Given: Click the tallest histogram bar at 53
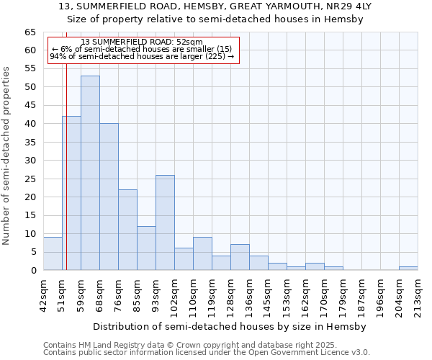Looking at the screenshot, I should pos(90,173).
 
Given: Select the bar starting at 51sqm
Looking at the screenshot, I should pos(71,193).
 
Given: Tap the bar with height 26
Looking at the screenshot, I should pos(165,222).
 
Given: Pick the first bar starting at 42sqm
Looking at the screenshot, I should pos(53,253).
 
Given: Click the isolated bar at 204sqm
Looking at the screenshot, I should pos(408,269).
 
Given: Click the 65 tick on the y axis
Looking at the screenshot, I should pos(30,32).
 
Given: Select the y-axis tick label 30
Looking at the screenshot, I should pos(30,161).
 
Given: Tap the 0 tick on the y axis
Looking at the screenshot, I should pos(33,271).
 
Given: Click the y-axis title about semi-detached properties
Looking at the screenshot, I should pos(6,156).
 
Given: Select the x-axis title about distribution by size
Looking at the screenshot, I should pos(230,326).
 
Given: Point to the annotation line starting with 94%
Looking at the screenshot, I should pos(142,56).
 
